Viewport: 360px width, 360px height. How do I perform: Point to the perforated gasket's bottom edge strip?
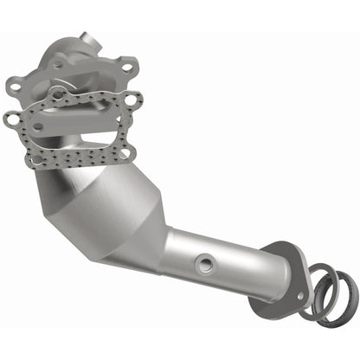click(78, 161)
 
